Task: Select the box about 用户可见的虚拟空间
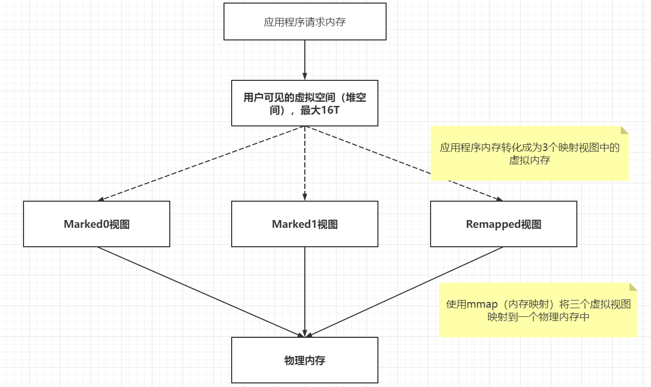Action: tap(305, 103)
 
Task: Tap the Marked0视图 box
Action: tap(97, 224)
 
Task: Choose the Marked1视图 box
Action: tap(305, 224)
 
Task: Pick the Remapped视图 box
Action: tap(504, 224)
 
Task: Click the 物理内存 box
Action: tap(305, 360)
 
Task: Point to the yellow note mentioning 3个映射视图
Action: tap(529, 154)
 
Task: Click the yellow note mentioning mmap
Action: tap(538, 310)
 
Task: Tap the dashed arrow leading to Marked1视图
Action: tap(305, 163)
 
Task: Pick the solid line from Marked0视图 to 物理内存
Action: tap(199, 292)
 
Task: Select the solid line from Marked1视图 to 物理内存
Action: tap(305, 292)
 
